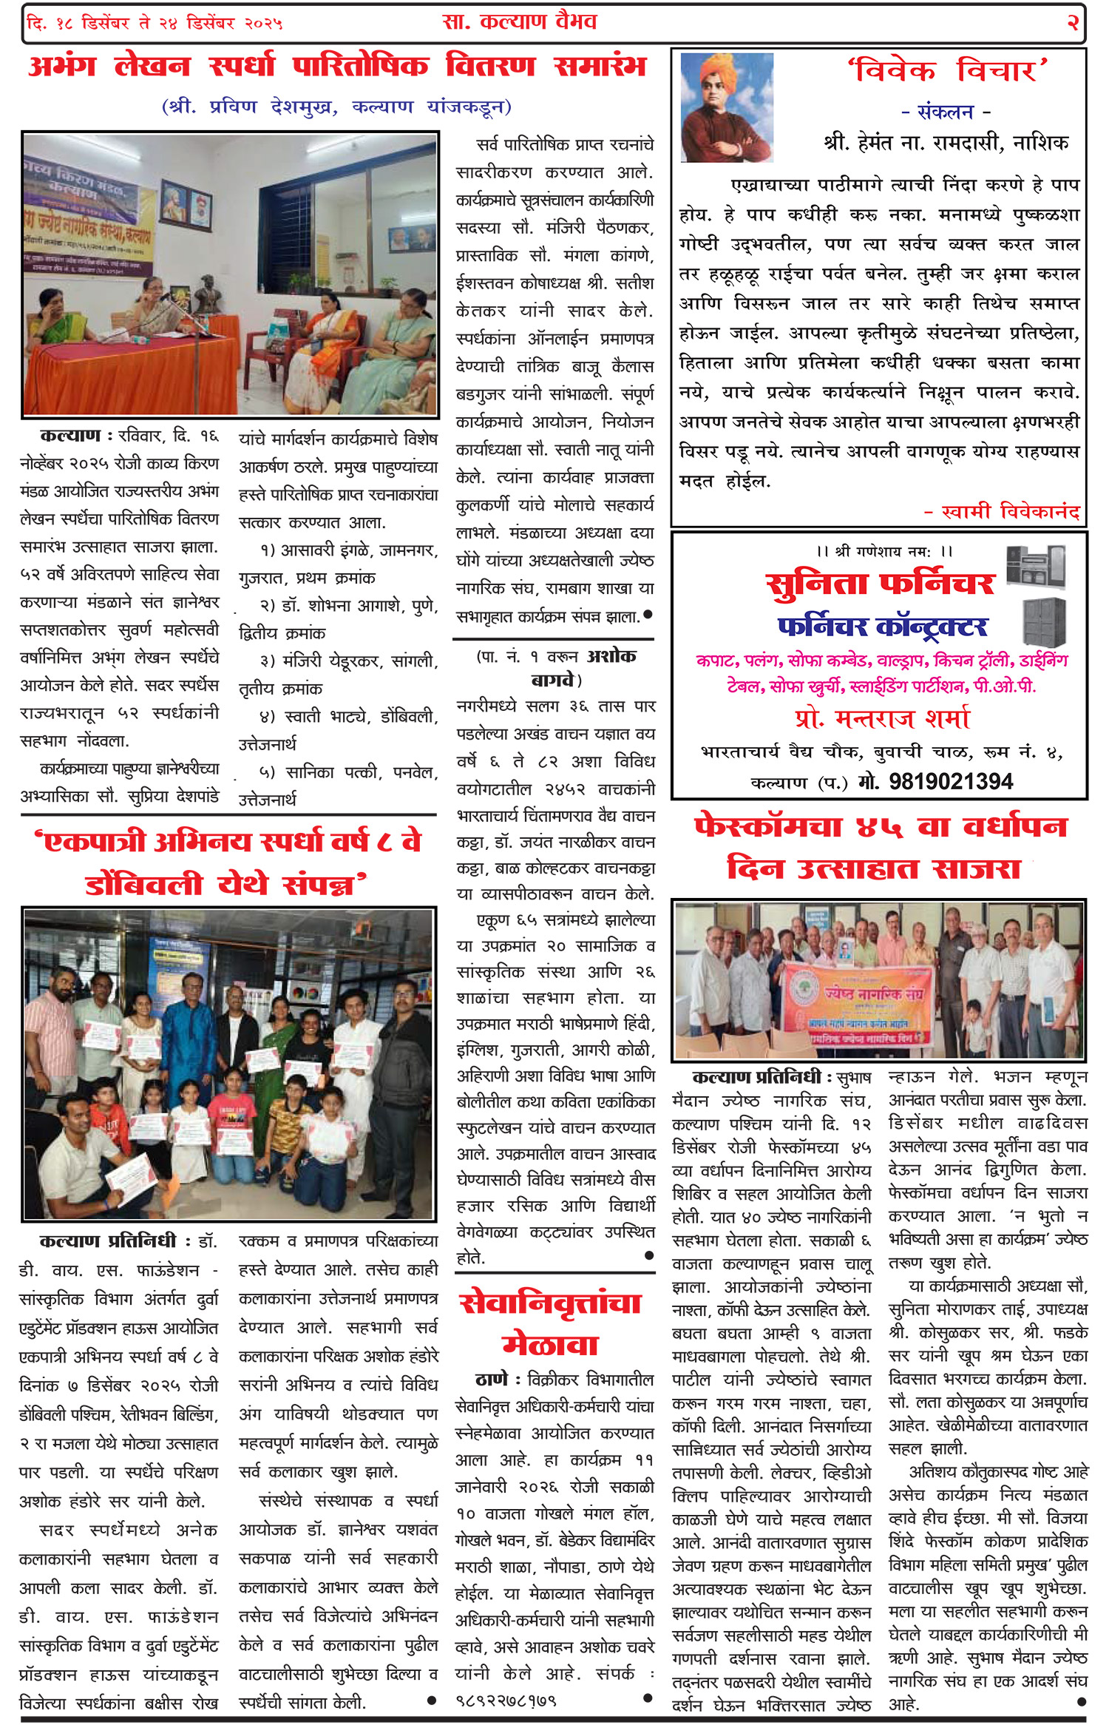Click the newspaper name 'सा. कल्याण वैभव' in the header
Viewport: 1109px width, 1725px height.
(519, 21)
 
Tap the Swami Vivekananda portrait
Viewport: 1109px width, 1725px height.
(726, 107)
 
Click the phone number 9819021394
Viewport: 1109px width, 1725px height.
(951, 781)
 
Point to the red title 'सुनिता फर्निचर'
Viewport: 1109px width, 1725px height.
(880, 584)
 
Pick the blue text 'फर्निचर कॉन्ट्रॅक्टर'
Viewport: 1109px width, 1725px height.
(882, 627)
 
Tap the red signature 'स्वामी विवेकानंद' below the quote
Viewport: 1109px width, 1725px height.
(1010, 511)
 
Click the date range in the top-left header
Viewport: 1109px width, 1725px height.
(155, 23)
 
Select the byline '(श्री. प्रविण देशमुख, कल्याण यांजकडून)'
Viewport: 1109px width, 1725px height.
(336, 107)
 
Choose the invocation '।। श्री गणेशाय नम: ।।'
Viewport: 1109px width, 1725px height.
(884, 551)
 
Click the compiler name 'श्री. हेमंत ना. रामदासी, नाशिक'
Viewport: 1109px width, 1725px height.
(946, 143)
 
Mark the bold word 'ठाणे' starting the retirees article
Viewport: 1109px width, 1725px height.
(492, 1380)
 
